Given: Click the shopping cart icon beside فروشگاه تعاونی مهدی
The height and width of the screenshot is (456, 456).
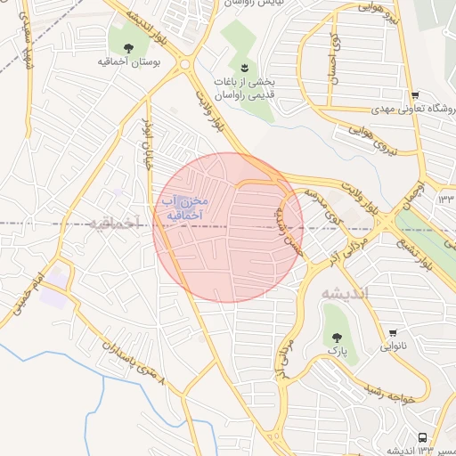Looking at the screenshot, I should coord(415,95).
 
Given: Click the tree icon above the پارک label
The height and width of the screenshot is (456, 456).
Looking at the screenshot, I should coord(337,337).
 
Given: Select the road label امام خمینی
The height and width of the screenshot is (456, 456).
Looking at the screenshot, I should coord(24,294).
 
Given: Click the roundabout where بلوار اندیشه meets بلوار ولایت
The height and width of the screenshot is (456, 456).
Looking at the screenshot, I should coord(185,64).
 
